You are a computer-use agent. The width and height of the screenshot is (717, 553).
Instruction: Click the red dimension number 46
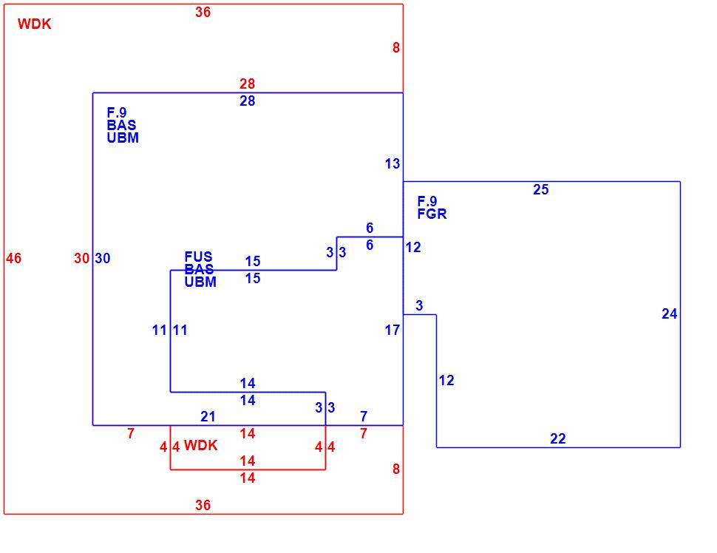tap(14, 259)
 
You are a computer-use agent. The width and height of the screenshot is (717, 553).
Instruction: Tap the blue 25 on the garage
tap(540, 189)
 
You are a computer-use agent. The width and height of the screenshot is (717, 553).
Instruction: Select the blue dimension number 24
tap(670, 313)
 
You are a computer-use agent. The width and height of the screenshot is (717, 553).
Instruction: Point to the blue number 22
tap(558, 438)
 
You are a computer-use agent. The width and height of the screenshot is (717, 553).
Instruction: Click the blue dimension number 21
tap(208, 416)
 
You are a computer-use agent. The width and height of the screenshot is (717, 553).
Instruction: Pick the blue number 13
tap(393, 163)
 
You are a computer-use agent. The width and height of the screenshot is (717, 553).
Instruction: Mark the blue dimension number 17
tap(393, 330)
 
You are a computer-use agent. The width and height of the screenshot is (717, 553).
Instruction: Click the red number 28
tap(248, 84)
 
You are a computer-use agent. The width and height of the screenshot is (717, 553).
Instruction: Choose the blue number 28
tap(248, 101)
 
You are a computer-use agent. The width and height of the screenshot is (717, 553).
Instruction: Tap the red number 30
tap(82, 259)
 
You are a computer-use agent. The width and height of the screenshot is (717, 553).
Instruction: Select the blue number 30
tap(103, 259)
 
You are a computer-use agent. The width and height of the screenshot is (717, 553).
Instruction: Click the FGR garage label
tap(432, 214)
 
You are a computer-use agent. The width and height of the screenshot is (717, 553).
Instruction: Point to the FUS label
tap(198, 256)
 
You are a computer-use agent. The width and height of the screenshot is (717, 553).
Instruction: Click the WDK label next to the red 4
tap(201, 446)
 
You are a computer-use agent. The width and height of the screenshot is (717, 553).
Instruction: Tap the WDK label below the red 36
tap(34, 24)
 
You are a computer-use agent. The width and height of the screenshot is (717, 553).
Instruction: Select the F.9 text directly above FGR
tap(427, 201)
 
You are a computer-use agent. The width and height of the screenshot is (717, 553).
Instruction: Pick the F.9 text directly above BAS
tap(117, 112)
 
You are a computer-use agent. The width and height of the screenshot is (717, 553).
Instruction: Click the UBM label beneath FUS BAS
tap(200, 282)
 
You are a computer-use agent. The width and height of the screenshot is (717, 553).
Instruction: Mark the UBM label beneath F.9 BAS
tap(123, 138)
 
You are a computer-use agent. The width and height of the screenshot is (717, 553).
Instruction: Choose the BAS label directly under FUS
tap(199, 269)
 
